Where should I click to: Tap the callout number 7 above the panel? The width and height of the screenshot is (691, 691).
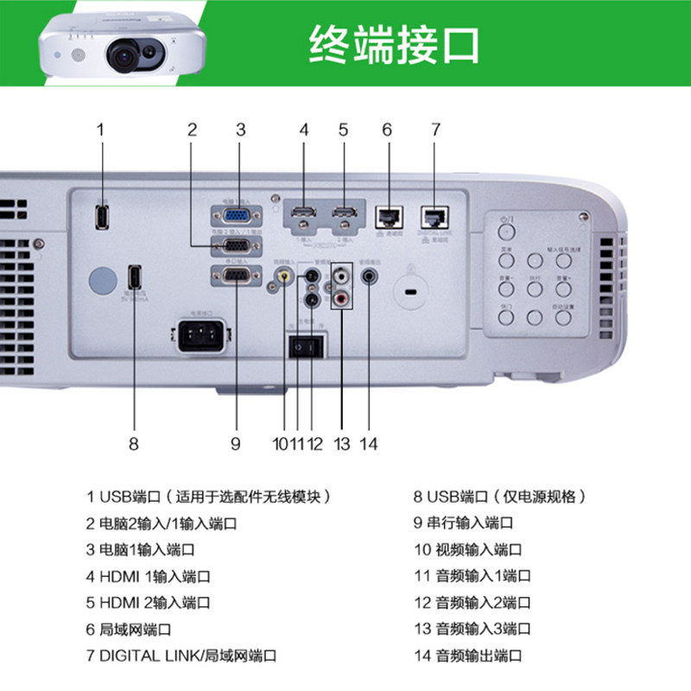[x=435, y=130]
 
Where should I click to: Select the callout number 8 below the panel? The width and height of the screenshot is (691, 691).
[x=133, y=444]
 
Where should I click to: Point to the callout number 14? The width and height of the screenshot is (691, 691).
[x=369, y=444]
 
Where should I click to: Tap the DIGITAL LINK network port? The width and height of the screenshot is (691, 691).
[x=434, y=217]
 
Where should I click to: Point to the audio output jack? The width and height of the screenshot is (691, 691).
[x=371, y=277]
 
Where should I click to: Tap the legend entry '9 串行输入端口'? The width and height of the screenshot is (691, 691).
[x=463, y=523]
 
